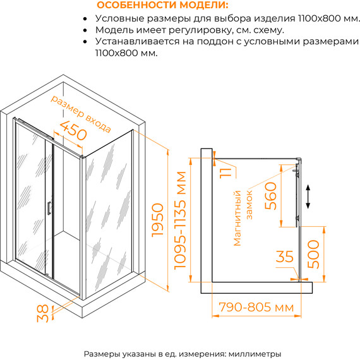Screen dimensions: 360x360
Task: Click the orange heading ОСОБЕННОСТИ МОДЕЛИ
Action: click(162, 5)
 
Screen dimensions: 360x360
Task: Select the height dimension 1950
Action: click(158, 220)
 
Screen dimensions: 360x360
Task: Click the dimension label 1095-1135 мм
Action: click(180, 220)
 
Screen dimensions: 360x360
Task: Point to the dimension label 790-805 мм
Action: click(256, 307)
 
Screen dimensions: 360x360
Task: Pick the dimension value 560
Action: click(270, 196)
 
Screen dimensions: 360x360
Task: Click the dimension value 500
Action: click(313, 254)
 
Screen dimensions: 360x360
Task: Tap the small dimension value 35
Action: click(284, 256)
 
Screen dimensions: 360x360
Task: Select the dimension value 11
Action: click(225, 173)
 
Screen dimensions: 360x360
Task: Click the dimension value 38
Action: click(43, 313)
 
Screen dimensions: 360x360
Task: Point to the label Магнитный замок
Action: click(243, 218)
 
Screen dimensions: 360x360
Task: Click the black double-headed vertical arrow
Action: click(308, 197)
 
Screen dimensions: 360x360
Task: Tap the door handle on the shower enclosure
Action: click(49, 208)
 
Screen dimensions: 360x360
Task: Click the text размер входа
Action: click(81, 114)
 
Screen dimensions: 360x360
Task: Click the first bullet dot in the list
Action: click(85, 19)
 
